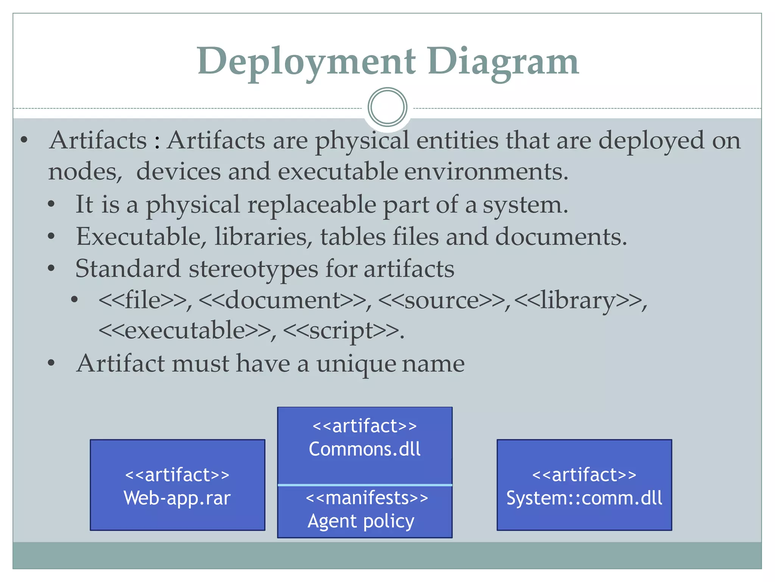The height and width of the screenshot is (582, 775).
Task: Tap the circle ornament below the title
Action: click(387, 107)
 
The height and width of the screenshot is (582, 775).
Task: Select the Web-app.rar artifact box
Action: click(177, 485)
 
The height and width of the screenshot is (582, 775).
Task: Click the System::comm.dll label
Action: click(584, 498)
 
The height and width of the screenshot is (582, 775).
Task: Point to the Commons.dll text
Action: click(364, 449)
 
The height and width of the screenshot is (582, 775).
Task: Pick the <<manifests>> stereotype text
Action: click(367, 498)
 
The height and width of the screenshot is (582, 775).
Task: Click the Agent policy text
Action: click(361, 521)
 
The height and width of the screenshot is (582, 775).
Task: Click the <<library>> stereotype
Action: click(579, 300)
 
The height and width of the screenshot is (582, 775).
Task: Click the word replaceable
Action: click(311, 205)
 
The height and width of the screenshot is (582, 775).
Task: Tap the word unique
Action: click(356, 364)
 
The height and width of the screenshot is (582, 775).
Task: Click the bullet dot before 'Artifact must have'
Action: click(51, 363)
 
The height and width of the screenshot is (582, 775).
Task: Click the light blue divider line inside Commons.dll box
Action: click(364, 485)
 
